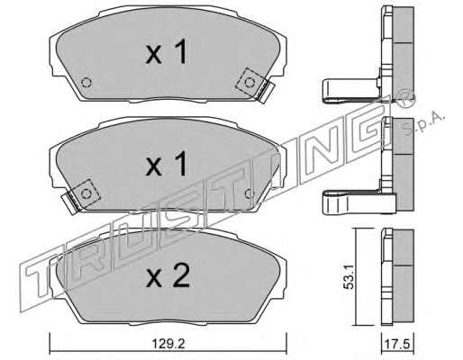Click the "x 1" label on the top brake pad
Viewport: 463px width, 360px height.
pyautogui.click(x=168, y=52)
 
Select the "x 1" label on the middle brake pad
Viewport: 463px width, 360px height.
pyautogui.click(x=167, y=164)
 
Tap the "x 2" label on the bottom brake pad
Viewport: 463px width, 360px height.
pyautogui.click(x=168, y=275)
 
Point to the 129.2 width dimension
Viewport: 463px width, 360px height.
pyautogui.click(x=168, y=344)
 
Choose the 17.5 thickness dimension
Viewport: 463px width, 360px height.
pyautogui.click(x=398, y=344)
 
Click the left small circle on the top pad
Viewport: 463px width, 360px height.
pyautogui.click(x=86, y=83)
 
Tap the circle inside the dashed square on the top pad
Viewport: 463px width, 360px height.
pyautogui.click(x=250, y=83)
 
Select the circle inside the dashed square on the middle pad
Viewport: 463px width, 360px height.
pyautogui.click(x=86, y=193)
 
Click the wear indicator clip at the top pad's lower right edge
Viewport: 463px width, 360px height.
pyautogui.click(x=266, y=93)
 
